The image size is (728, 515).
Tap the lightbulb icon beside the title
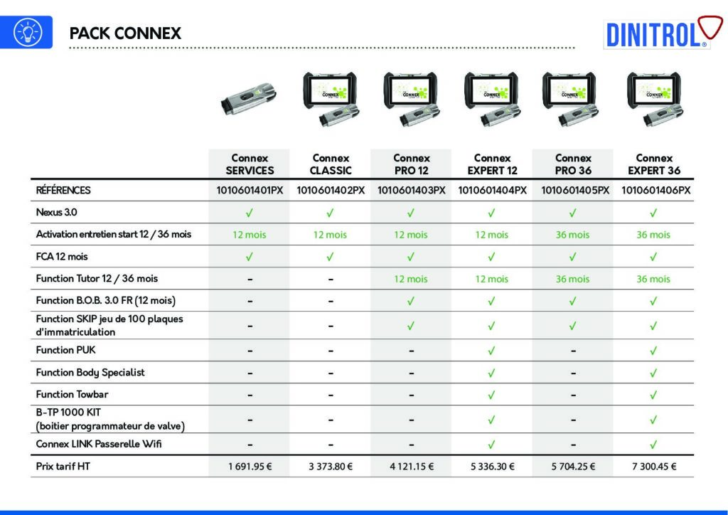click(x=27, y=32)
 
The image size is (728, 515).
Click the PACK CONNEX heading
click(x=125, y=33)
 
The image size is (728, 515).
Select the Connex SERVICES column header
click(x=250, y=164)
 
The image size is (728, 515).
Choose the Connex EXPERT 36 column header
click(x=654, y=164)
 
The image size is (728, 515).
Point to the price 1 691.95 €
click(x=250, y=466)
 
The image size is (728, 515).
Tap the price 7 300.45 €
click(x=654, y=466)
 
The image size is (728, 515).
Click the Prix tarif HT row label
click(x=63, y=466)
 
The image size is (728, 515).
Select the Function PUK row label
click(x=65, y=350)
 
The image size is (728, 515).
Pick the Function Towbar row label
click(x=72, y=394)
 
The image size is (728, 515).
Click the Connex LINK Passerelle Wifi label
click(x=99, y=444)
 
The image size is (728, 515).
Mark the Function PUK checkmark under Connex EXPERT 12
click(x=492, y=351)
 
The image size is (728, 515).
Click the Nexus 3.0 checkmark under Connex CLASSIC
click(x=330, y=213)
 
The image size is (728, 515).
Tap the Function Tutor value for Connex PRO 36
click(x=572, y=279)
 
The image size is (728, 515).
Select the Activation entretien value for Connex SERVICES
click(x=250, y=235)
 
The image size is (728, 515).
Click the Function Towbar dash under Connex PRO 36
click(x=574, y=395)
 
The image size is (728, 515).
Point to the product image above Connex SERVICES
click(x=250, y=99)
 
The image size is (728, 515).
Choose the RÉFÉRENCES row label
click(x=63, y=190)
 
